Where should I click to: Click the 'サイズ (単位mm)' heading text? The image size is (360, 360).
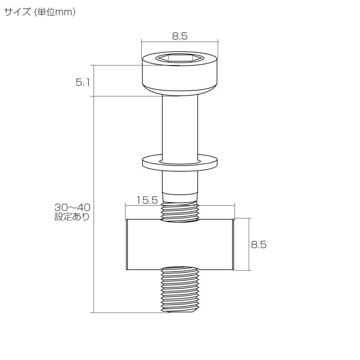tap(40, 12)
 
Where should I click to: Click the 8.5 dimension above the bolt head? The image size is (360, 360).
tap(180, 36)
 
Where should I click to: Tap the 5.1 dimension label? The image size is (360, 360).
tap(82, 83)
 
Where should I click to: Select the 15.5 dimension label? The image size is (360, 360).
tap(147, 200)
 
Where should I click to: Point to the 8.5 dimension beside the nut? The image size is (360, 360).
tap(258, 244)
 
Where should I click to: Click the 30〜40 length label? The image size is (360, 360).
tap(72, 208)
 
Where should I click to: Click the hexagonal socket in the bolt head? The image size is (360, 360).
tap(180, 58)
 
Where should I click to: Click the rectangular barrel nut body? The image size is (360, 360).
tap(180, 244)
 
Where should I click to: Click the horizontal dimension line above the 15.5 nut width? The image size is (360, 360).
tap(216, 205)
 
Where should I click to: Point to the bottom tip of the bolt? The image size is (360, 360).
tap(180, 312)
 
